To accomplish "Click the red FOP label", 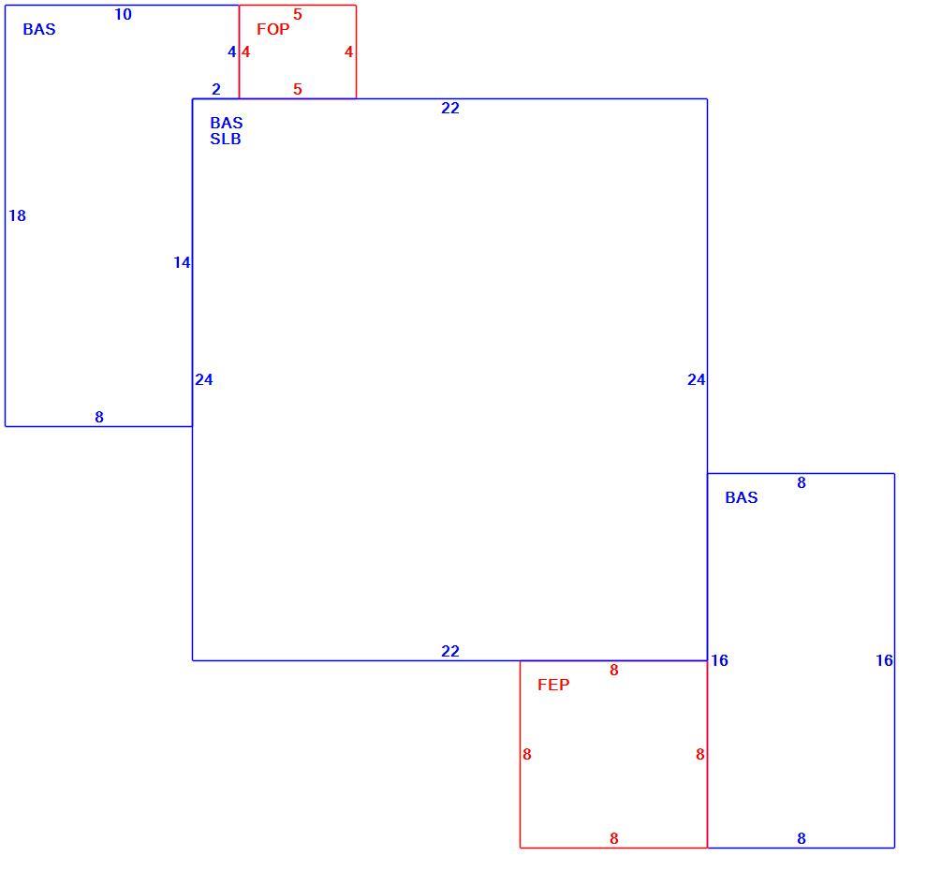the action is (x=273, y=29).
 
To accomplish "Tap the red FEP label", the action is (x=553, y=685).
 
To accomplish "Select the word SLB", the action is (x=226, y=139).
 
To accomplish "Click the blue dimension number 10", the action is (x=123, y=14).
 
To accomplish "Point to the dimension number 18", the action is (x=17, y=215).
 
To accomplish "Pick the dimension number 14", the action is (x=182, y=262).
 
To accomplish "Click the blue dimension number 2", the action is (x=216, y=89).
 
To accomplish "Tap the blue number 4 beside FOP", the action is (x=232, y=52).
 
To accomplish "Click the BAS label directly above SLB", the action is (x=227, y=123).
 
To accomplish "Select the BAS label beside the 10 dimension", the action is (x=39, y=29).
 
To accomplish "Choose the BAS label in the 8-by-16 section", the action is (x=742, y=497).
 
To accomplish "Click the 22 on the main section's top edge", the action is (x=449, y=108).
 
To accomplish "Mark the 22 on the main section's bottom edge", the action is (x=449, y=651).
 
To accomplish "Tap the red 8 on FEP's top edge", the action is (x=613, y=670).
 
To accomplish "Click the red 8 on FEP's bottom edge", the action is (x=613, y=838).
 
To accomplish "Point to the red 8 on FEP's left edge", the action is (x=527, y=754).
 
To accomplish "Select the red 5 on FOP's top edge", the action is (x=298, y=14).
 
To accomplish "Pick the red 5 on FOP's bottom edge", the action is (x=298, y=89).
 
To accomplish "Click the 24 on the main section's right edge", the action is (x=696, y=379).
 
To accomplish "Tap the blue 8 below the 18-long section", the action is (x=99, y=417).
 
